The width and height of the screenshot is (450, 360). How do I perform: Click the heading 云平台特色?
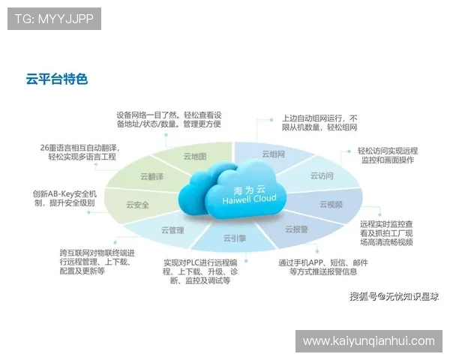click(56, 78)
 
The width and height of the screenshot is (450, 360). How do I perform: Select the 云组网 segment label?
click(273, 154)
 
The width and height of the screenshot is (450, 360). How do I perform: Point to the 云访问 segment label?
click(322, 175)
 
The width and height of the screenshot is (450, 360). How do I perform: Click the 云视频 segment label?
click(331, 204)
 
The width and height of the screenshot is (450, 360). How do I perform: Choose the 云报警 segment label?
click(296, 229)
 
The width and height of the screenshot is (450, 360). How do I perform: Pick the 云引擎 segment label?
click(234, 238)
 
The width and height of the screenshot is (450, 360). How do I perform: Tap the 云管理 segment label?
click(172, 230)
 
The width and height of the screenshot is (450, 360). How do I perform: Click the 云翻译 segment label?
click(151, 177)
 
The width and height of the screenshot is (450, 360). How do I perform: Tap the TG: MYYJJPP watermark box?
click(54, 19)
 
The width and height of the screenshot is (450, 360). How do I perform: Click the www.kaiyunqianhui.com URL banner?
click(368, 341)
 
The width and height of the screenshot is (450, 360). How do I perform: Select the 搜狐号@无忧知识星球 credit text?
click(394, 296)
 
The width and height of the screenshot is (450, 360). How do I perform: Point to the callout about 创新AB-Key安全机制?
click(64, 198)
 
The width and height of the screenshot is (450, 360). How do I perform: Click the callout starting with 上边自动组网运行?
click(319, 123)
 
